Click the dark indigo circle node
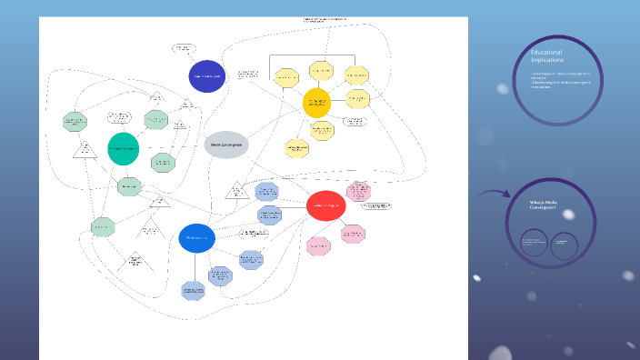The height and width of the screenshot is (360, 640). point(206,77)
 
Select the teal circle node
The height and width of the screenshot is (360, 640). point(123,148)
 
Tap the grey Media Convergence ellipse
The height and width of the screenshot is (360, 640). point(226,144)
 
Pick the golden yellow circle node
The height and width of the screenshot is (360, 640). point(316,102)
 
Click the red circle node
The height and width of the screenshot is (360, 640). point(325,206)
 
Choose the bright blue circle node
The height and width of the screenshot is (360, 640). point(196,238)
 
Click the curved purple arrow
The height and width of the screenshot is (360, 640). point(494,194)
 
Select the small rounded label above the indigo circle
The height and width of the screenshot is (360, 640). point(184,48)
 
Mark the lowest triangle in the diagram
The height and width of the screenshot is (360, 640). point(135,261)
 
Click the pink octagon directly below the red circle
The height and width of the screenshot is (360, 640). point(319,245)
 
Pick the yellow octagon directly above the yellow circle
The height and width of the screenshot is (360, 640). point(321,70)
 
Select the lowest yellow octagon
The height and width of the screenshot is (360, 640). point(297,148)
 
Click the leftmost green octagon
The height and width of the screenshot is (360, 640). point(74,121)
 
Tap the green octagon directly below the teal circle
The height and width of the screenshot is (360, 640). point(130,187)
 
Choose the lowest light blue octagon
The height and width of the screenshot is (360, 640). point(193,291)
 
